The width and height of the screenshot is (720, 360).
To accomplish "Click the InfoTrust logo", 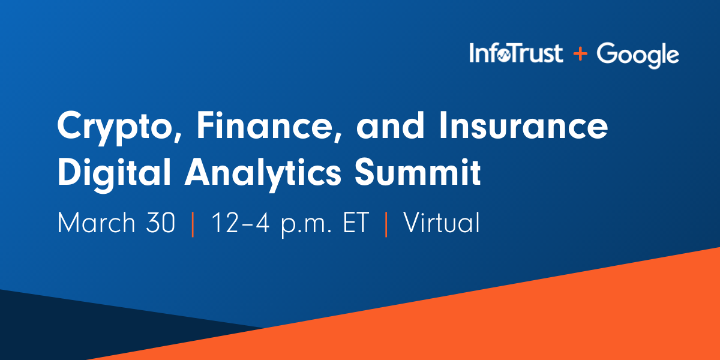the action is click(x=516, y=53).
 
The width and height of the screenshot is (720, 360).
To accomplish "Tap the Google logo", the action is click(x=638, y=55).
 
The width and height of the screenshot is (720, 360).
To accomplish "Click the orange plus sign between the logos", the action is click(x=580, y=53).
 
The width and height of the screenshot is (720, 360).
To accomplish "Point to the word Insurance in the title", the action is click(x=523, y=125).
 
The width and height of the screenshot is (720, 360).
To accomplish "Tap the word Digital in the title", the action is click(x=114, y=174).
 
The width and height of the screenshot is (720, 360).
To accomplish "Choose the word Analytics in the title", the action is click(x=262, y=174).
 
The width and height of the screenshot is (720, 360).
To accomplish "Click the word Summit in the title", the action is click(x=418, y=172).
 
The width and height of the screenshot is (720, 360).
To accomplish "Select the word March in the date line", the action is click(x=96, y=223).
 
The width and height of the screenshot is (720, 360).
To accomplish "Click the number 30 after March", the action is click(x=160, y=223).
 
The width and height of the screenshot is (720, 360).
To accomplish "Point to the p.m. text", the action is click(x=305, y=225).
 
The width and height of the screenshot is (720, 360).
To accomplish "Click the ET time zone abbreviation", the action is click(x=356, y=223).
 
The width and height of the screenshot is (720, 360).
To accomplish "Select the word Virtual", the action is click(x=442, y=222).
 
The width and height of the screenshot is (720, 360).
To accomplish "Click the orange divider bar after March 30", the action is click(x=193, y=224).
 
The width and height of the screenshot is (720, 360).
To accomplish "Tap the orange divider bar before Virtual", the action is click(x=386, y=224).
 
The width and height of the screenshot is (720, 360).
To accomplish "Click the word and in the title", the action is click(x=390, y=125).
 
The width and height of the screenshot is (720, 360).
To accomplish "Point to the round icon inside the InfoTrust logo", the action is click(x=504, y=56).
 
